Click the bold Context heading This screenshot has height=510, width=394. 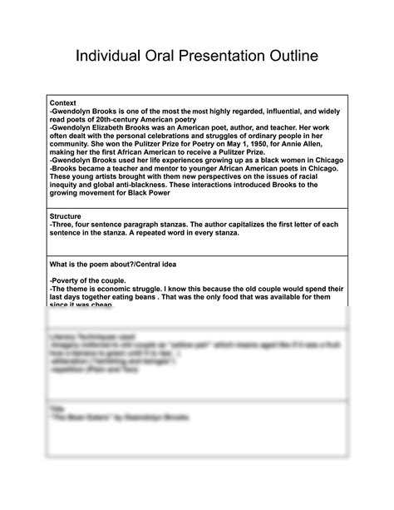pos(64,102)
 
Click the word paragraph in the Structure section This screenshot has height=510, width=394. pos(150,224)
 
